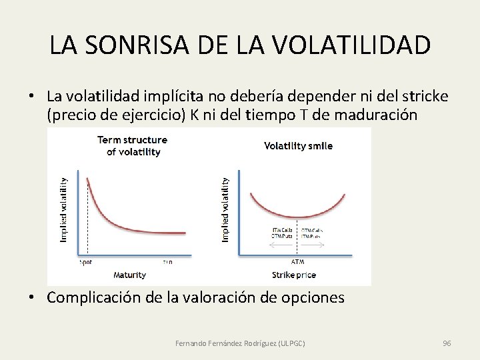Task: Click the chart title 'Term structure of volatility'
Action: click(132, 145)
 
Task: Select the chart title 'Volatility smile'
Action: click(298, 145)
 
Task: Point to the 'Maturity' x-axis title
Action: click(129, 275)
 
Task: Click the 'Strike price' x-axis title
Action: click(294, 275)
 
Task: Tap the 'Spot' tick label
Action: click(86, 262)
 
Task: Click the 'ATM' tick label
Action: click(298, 261)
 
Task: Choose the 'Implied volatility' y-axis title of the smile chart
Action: click(225, 209)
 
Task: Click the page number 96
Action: click(447, 343)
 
